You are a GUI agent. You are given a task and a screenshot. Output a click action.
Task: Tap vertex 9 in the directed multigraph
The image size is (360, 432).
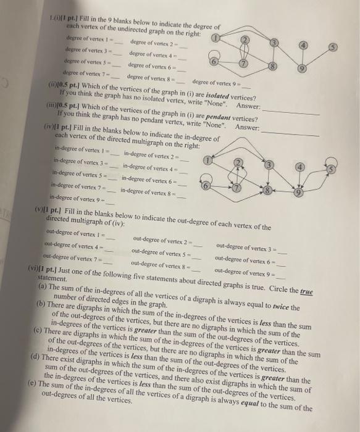298,192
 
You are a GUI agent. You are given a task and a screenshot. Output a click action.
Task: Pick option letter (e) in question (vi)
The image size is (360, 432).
32,384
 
